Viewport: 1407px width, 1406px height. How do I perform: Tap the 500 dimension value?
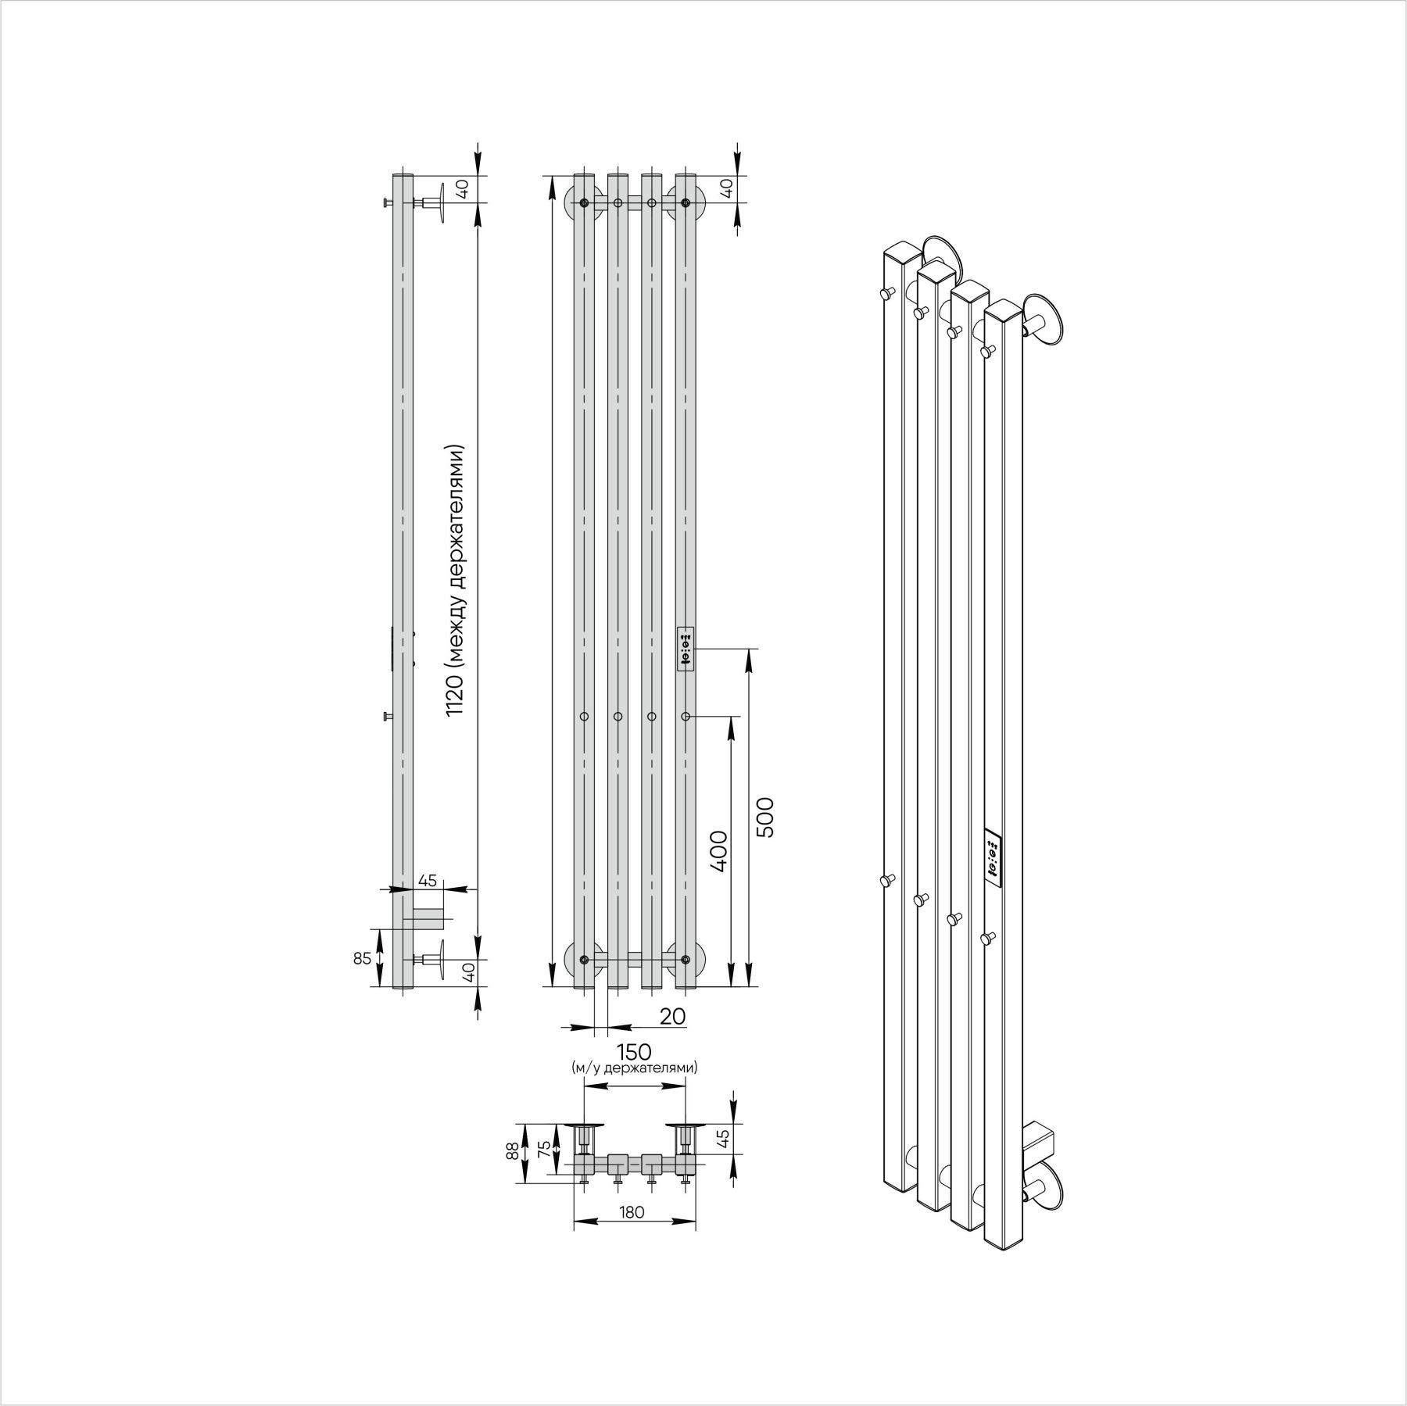(764, 817)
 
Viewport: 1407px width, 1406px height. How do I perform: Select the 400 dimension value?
(719, 851)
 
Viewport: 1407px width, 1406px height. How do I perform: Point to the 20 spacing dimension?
(672, 1015)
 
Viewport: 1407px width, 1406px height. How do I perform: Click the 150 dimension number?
(633, 1051)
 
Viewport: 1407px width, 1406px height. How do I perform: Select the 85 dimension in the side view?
(362, 958)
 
